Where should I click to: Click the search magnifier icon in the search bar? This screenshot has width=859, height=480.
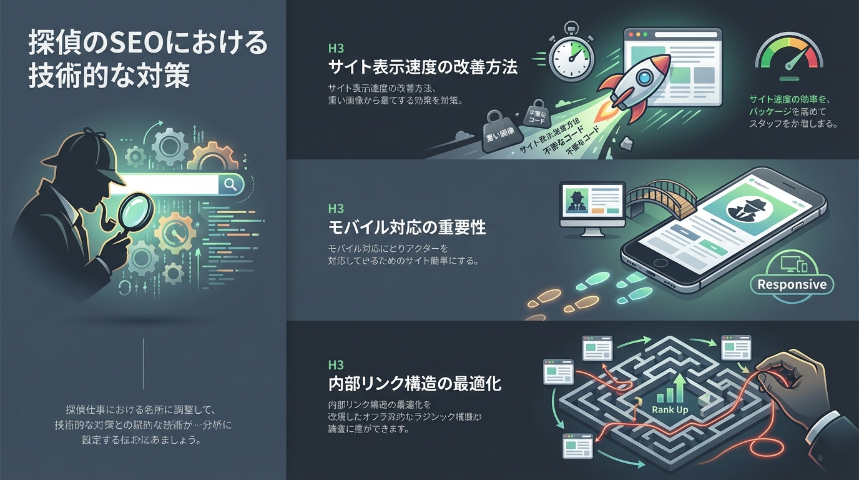tap(230, 184)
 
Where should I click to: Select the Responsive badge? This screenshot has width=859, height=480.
tap(791, 284)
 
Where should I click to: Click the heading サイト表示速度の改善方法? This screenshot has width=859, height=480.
tap(423, 67)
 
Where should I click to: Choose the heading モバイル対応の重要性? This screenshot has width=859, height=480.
tap(407, 227)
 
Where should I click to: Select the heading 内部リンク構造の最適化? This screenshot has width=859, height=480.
tap(415, 382)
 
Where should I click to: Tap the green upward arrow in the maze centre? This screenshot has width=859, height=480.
tap(678, 387)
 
